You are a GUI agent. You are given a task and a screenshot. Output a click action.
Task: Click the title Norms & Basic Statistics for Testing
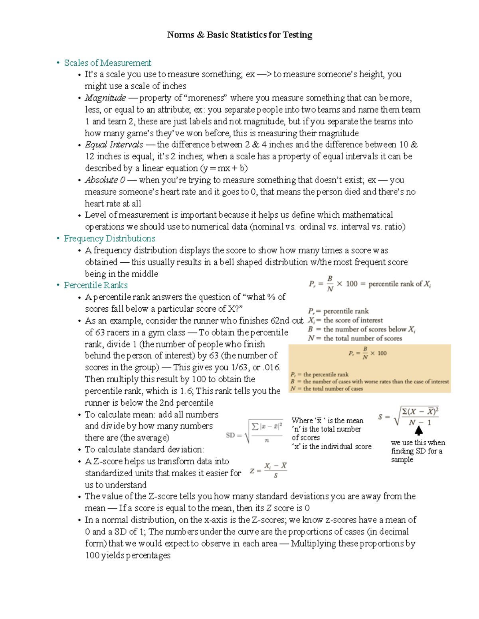(239, 35)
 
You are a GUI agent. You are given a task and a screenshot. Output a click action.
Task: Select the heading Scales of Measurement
(107, 63)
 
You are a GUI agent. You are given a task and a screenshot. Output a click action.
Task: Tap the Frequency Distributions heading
(109, 238)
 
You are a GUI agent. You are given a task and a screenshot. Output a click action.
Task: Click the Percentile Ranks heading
(96, 285)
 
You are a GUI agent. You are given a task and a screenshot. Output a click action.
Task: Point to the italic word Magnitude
(105, 98)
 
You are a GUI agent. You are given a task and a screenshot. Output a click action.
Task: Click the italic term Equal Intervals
(114, 145)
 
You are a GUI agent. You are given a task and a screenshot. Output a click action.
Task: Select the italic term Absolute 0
(105, 180)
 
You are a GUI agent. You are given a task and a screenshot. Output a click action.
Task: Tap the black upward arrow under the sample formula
(418, 430)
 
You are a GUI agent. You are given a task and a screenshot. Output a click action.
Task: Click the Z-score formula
(268, 470)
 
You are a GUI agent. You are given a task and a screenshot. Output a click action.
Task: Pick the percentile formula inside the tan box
(367, 353)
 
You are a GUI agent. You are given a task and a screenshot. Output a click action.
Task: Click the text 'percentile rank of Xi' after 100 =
(399, 284)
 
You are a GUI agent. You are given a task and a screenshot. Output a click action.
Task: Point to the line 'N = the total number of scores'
(355, 338)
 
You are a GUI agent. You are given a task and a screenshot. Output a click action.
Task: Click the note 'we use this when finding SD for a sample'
(418, 451)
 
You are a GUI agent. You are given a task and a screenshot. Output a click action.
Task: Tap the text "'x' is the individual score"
(331, 447)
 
